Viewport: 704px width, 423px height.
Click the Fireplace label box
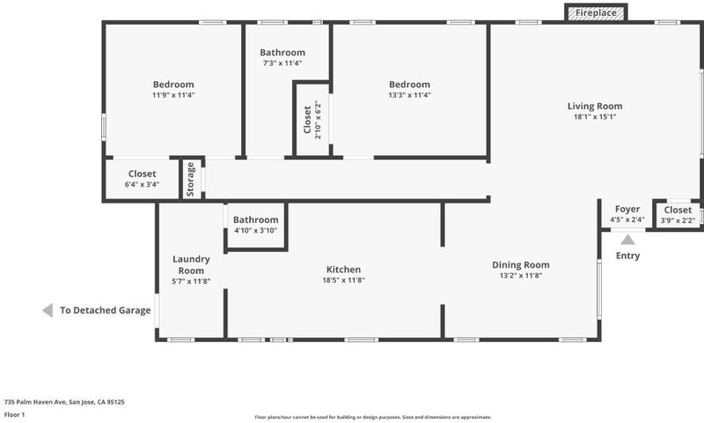(x=596, y=12)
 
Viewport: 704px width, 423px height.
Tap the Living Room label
(x=595, y=106)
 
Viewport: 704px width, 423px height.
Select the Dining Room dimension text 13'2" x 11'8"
(x=521, y=276)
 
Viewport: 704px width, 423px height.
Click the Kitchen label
(x=343, y=270)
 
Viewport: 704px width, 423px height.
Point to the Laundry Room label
(x=191, y=264)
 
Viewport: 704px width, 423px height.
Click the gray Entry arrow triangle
(x=627, y=240)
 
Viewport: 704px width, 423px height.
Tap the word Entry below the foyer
(x=627, y=256)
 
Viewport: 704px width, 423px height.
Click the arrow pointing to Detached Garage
(x=48, y=310)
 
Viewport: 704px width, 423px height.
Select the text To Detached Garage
(x=106, y=310)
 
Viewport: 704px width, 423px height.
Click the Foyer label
(x=627, y=209)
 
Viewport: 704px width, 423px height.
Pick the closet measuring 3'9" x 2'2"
(x=678, y=215)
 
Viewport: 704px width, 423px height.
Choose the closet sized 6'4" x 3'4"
(x=142, y=179)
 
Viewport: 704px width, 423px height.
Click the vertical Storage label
(x=190, y=180)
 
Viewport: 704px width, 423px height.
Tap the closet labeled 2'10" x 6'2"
(x=312, y=120)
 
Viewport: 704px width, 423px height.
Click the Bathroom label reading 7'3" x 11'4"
(x=282, y=53)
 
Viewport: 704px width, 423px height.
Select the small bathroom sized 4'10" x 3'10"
(x=255, y=225)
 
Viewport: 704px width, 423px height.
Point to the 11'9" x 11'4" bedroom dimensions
(x=173, y=95)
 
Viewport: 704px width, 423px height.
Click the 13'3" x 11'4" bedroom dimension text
(x=409, y=95)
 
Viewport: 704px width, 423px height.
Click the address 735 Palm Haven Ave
(x=35, y=402)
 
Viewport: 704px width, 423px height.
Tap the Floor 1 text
(x=14, y=414)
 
